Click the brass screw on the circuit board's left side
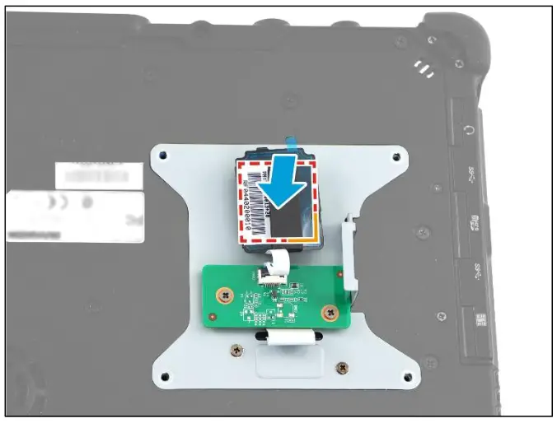223,293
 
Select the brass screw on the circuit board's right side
329,311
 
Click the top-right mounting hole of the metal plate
397,155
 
